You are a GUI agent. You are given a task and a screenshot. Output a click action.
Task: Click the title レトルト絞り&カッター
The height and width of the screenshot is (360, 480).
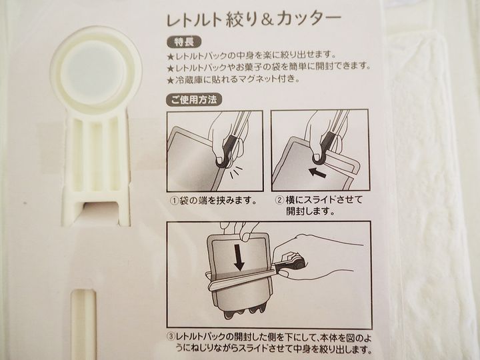253,20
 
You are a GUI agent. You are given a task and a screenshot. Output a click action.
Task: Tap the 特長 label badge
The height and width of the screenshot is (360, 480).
184,42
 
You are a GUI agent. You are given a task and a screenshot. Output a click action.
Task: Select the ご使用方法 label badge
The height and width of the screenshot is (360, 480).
193,99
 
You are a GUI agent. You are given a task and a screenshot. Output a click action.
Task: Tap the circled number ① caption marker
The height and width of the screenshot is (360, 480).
175,201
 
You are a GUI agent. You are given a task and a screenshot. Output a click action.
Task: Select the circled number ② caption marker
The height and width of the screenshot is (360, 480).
280,201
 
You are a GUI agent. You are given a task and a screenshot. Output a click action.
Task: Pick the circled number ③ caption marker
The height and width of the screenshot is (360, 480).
171,337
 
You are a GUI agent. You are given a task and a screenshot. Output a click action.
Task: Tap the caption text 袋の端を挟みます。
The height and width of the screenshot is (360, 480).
219,201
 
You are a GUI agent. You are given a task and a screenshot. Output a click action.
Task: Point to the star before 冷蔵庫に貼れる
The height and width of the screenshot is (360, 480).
171,80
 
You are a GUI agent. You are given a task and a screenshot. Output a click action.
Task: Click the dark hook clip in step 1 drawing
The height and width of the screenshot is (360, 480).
227,151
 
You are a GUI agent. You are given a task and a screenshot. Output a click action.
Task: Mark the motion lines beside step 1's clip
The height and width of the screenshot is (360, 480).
237,173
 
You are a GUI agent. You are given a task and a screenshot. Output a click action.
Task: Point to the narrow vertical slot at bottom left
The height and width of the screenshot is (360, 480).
83,325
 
